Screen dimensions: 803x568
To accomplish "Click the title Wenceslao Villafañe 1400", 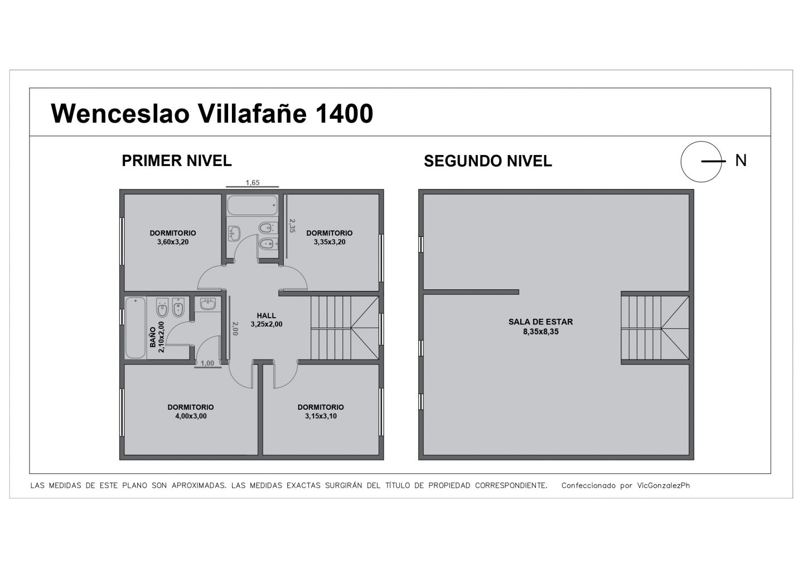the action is pos(212,114).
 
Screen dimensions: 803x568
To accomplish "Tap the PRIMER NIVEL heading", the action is pos(177,161).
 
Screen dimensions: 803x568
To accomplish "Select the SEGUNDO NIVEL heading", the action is pos(488,161).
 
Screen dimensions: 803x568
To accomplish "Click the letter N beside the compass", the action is pos(741,161).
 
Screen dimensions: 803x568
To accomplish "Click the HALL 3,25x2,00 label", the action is pos(267,319).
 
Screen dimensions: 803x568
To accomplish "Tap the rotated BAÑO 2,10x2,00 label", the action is pos(157,337).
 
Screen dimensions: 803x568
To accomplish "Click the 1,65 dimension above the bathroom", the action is pos(253,183).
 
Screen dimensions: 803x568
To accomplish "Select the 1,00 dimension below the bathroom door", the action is pos(207,363).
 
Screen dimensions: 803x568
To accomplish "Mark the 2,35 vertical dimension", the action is pos(292,226).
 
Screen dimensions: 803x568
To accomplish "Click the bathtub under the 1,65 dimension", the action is pos(253,205).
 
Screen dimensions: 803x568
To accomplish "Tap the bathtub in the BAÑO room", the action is pos(136,328).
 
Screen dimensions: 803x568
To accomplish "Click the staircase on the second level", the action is pos(655,328).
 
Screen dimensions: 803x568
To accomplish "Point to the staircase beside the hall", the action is pos(345,328).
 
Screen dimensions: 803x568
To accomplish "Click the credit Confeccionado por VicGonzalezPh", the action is pos(626,486).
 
